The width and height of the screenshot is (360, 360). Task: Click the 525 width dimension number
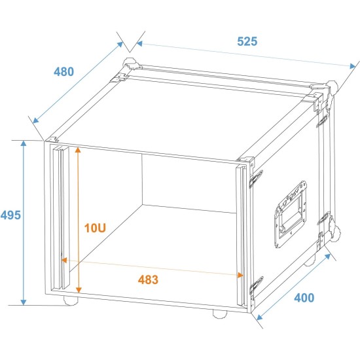coord(247,41)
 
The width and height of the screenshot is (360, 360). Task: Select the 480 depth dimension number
coord(63,71)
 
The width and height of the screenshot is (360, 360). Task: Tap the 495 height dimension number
coord(10,215)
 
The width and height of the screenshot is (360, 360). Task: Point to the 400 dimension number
coord(304,298)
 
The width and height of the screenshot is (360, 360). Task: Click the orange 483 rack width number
coord(148,279)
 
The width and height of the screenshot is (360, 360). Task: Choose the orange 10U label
coord(95,228)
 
